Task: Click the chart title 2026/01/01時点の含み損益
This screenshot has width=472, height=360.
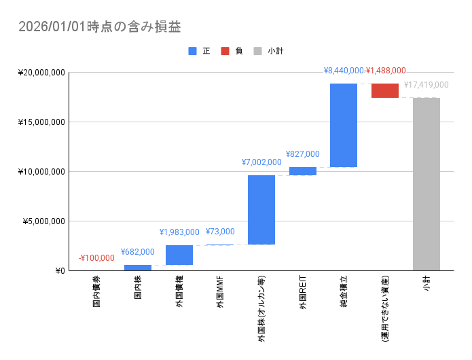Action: pyautogui.click(x=99, y=26)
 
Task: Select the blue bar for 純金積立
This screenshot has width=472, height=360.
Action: pyautogui.click(x=344, y=125)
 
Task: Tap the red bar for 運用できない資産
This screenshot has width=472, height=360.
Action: pyautogui.click(x=385, y=90)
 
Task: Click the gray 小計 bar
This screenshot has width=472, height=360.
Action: pyautogui.click(x=426, y=184)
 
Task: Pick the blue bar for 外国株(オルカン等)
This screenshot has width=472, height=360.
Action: pyautogui.click(x=261, y=209)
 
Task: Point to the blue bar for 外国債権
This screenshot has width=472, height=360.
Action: pyautogui.click(x=179, y=255)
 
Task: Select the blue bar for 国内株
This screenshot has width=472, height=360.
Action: pyautogui.click(x=138, y=268)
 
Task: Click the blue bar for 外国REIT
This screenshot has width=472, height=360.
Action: pyautogui.click(x=302, y=171)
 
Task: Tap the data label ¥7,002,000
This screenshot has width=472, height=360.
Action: pyautogui.click(x=261, y=162)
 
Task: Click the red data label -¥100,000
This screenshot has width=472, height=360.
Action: pyautogui.click(x=96, y=258)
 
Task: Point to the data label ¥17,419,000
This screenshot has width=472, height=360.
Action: pyautogui.click(x=426, y=85)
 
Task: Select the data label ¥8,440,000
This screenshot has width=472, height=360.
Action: pyautogui.click(x=344, y=70)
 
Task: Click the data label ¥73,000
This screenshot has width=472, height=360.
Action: pyautogui.click(x=220, y=232)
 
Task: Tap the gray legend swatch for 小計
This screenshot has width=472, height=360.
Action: pyautogui.click(x=258, y=51)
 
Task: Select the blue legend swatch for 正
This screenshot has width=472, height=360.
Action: pyautogui.click(x=193, y=51)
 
